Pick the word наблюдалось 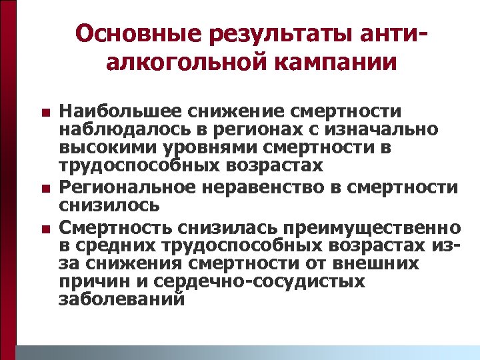pos(112,129)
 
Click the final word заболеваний pos(121,300)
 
